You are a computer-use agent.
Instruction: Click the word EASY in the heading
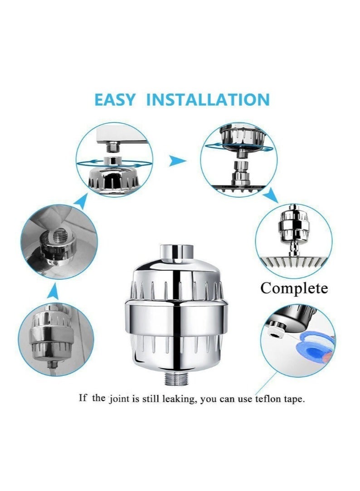point(115,100)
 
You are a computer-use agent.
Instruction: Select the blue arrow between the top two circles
point(177,160)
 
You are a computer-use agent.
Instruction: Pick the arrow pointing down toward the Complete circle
point(272,196)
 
